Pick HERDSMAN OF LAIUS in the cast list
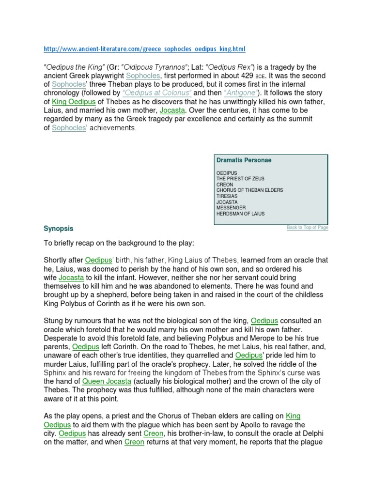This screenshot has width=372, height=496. (240, 214)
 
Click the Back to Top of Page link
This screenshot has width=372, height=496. (307, 227)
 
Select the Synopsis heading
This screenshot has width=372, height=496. (59, 228)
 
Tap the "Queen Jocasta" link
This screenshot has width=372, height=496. (107, 381)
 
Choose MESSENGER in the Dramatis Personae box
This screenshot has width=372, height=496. (232, 208)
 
